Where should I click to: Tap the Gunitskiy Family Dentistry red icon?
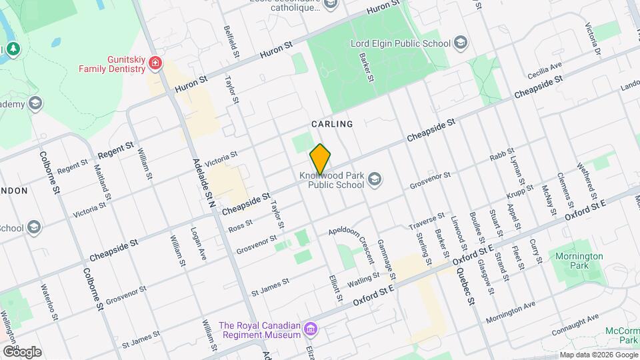(x=155, y=63)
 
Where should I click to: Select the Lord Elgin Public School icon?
(x=460, y=44)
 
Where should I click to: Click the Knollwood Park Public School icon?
(x=375, y=179)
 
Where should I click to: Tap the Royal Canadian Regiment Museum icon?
(x=309, y=329)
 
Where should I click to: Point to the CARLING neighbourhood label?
(x=331, y=124)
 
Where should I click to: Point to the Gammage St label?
(x=386, y=259)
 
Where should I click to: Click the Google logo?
(x=22, y=351)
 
